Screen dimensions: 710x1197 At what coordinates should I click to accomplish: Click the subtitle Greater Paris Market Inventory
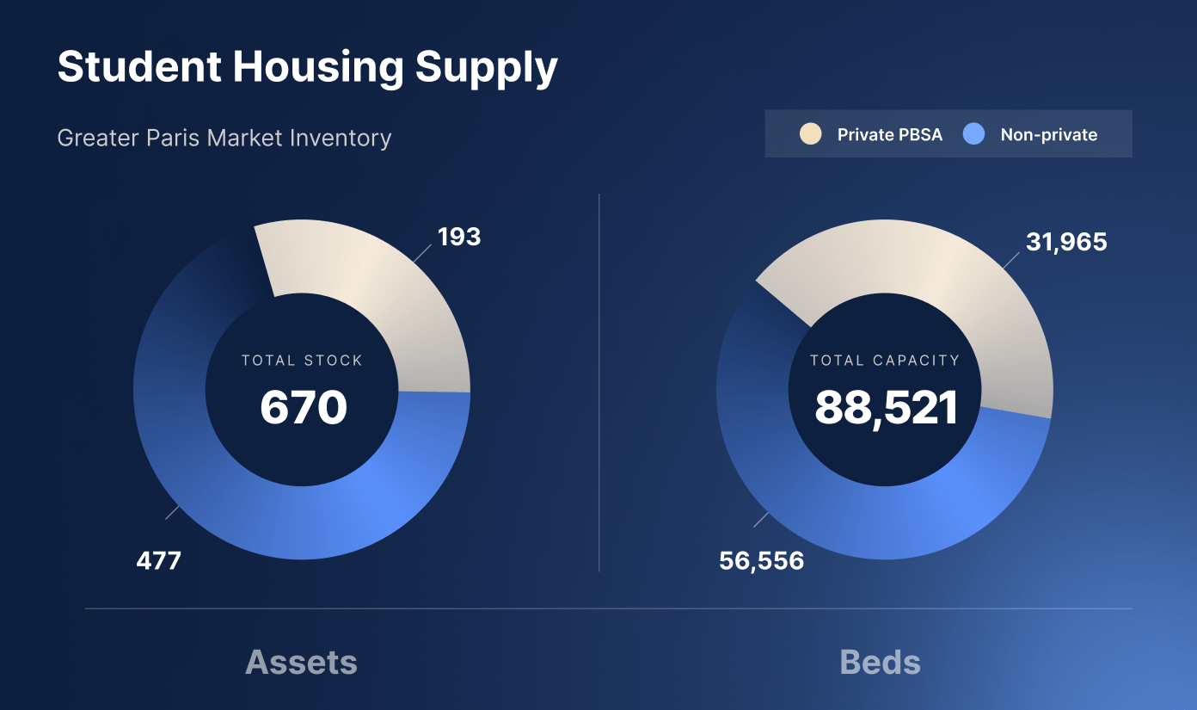224,138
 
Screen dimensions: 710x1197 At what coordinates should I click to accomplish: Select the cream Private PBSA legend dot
810,134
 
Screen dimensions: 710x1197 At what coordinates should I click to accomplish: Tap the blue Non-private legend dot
973,134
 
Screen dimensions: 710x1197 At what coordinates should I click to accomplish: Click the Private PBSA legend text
889,135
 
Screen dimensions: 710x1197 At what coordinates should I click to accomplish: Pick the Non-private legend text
1048,135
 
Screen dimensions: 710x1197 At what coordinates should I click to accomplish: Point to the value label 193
459,237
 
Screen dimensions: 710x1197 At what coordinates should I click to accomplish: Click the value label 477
159,561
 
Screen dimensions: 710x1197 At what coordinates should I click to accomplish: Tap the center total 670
303,407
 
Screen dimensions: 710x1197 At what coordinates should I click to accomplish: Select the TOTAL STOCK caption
302,361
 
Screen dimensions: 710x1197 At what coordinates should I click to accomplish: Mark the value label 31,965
1066,243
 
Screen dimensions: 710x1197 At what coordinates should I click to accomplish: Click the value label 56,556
761,561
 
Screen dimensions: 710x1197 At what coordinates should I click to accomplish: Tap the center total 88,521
886,408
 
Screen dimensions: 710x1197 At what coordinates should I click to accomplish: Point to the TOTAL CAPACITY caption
885,361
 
